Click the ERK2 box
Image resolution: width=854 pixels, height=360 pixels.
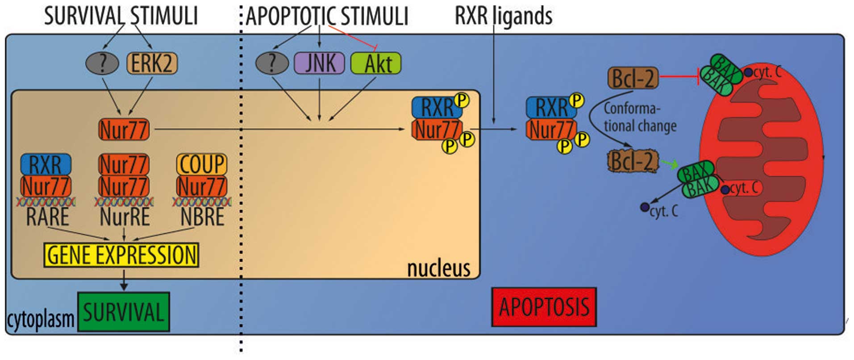(x=152, y=63)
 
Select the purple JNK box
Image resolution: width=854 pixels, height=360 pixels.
(x=319, y=63)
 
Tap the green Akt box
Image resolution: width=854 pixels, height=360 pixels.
(x=376, y=63)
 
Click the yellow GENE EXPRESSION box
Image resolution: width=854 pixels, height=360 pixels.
(x=121, y=255)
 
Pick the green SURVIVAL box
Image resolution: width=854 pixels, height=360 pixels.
(x=124, y=312)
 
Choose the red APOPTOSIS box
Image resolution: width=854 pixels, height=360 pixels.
(x=544, y=307)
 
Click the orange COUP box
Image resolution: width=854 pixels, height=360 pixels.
(x=202, y=164)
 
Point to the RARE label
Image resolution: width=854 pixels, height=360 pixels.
(x=48, y=217)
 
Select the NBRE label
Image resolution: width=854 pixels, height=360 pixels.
(x=202, y=217)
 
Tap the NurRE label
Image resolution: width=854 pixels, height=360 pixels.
(x=125, y=217)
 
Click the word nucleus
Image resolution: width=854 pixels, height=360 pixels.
(x=438, y=268)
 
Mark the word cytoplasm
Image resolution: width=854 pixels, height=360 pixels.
(x=40, y=319)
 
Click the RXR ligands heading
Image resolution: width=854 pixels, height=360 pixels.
(x=503, y=16)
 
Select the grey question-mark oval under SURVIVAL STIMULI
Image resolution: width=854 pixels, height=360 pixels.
(x=102, y=63)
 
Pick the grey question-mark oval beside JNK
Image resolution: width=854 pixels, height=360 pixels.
(x=272, y=63)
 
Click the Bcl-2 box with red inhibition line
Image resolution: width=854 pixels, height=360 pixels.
(x=633, y=79)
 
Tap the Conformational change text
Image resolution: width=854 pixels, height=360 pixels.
(x=639, y=117)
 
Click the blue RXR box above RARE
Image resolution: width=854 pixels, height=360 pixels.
(x=46, y=165)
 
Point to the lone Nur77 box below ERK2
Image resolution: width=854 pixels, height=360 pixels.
(x=124, y=130)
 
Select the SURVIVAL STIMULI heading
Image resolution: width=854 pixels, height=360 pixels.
(x=121, y=16)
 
